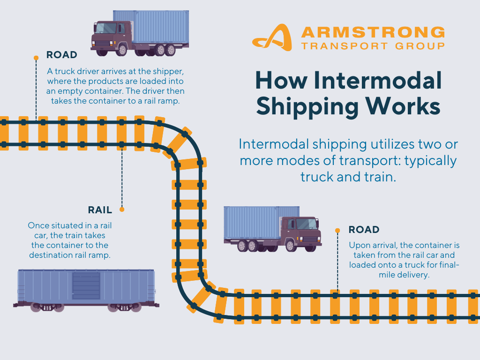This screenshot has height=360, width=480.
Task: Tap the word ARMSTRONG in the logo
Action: coord(373,32)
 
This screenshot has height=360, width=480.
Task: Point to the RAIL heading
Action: coord(100,210)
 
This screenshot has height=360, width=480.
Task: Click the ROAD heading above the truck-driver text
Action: coord(61,55)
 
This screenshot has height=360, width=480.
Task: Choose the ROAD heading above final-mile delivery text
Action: coord(364,230)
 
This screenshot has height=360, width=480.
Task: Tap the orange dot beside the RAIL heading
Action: coord(122,210)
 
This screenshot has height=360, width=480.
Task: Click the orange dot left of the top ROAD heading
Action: coord(36,58)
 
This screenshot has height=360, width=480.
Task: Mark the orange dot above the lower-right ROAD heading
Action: coord(337,230)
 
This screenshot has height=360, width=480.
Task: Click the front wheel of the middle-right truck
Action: coord(291,245)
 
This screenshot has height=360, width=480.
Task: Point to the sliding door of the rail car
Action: coord(86,285)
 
